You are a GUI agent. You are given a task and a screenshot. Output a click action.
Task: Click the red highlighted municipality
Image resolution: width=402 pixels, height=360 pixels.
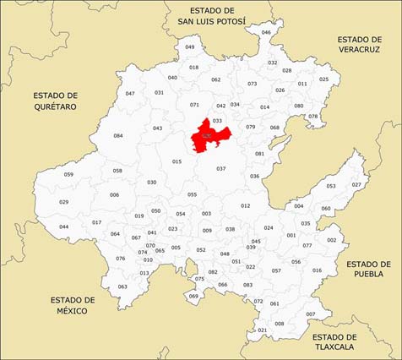click(x=208, y=137)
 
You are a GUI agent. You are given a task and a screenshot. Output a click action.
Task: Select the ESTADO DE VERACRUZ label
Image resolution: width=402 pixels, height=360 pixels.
click(x=360, y=45)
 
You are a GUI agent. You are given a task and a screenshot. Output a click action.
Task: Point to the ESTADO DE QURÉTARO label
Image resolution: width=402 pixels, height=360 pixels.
click(x=56, y=101)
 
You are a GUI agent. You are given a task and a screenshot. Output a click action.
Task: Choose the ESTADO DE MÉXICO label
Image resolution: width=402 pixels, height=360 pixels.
click(x=73, y=305)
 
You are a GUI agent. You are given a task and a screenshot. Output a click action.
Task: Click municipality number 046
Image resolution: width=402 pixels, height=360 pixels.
click(x=266, y=32)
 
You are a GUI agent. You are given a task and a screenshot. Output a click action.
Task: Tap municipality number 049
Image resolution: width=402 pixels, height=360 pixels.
click(x=189, y=46)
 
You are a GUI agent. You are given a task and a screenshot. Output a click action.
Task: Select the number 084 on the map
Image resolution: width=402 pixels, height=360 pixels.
click(x=118, y=135)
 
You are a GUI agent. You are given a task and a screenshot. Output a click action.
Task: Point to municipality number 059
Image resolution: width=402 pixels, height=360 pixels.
click(x=68, y=174)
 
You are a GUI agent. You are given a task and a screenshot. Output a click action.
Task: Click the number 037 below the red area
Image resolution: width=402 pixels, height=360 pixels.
click(x=220, y=168)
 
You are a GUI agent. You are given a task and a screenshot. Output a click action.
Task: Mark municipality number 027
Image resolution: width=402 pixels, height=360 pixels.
click(x=356, y=184)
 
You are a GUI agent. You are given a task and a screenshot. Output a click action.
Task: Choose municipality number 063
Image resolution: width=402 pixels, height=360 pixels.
click(x=122, y=286)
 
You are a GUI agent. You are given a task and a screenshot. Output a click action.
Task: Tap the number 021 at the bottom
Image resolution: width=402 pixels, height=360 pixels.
click(x=262, y=330)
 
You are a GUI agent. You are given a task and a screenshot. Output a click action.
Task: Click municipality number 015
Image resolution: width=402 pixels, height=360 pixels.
click(x=177, y=161)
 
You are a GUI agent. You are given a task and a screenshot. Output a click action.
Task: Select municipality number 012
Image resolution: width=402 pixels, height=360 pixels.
click(x=245, y=205)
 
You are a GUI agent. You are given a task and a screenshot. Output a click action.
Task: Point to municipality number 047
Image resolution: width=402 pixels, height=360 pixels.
click(x=130, y=93)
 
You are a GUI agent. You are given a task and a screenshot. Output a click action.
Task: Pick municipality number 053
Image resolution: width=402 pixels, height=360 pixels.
click(x=331, y=186)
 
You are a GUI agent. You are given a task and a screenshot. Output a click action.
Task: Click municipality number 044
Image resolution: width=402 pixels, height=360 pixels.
click(x=64, y=226)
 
